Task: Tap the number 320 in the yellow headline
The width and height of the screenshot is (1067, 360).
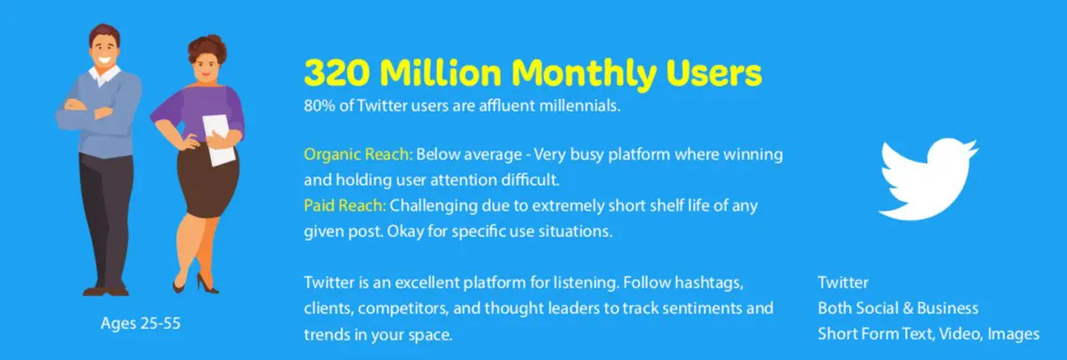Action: point(337,73)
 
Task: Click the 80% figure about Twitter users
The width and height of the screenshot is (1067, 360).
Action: point(319,105)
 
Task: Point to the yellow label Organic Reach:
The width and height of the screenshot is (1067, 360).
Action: point(358,155)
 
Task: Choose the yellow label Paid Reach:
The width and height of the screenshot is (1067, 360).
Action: point(345,206)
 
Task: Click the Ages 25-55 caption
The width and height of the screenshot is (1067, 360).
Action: point(141,324)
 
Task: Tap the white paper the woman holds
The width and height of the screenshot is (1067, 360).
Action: point(219,140)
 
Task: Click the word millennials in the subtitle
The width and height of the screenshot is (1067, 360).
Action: point(580,105)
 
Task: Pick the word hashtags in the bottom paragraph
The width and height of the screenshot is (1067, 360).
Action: point(709,283)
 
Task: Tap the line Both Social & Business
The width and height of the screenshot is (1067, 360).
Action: point(898,308)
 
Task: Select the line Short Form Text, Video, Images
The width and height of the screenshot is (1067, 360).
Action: point(928,333)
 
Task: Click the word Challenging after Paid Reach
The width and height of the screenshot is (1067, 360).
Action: point(434,207)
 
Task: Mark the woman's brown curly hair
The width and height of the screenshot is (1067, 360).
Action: point(206,48)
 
